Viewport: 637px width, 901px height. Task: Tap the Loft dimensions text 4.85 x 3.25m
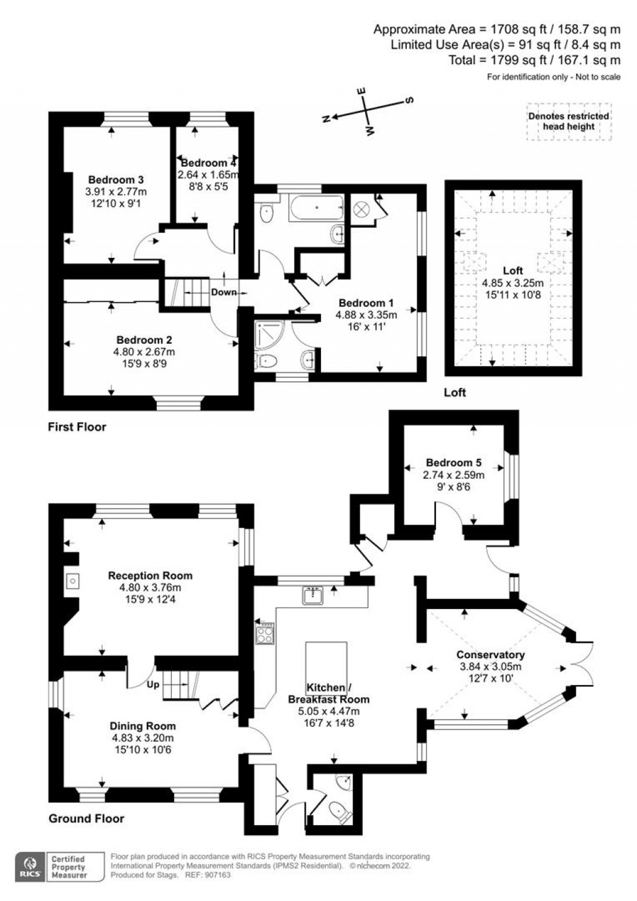tap(513, 283)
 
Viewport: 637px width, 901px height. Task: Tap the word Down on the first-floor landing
tap(223, 292)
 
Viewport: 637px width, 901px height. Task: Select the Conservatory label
tap(490, 654)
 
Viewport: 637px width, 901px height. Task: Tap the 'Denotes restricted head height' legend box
tap(569, 121)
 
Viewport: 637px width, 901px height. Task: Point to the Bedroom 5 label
tap(453, 463)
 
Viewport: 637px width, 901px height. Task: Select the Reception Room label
tap(150, 575)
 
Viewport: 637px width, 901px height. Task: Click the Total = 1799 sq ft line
tap(534, 60)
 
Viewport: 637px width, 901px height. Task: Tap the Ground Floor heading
tap(86, 818)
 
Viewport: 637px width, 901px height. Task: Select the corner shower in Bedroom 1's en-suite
tap(269, 333)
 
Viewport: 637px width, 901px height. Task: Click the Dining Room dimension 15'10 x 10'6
tap(142, 749)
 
